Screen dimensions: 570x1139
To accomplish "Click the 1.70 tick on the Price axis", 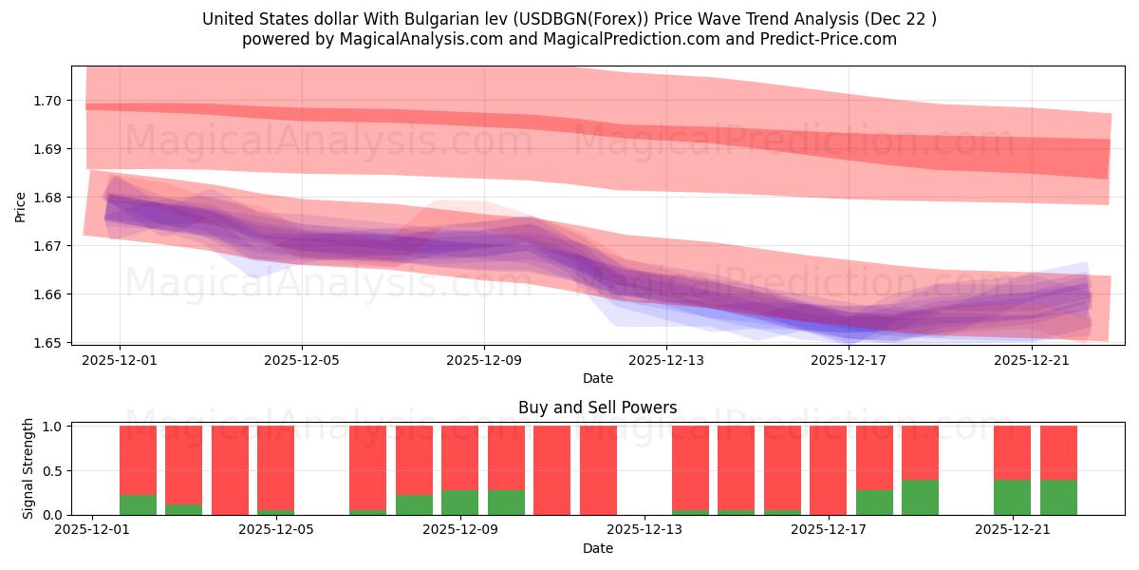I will point(47,101).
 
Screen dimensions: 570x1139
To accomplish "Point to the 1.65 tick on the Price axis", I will point(47,343).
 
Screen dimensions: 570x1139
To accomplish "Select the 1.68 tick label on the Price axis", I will point(47,198).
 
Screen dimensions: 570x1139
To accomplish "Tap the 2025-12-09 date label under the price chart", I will point(484,360).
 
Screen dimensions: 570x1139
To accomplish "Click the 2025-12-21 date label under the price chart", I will point(1032,360).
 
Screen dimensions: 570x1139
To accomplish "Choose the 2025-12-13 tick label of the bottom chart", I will point(644,530).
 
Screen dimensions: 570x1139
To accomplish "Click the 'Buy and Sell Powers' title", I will point(597,408).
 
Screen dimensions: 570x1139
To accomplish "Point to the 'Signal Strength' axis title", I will point(28,468).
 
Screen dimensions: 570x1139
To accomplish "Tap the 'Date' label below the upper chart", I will point(597,378).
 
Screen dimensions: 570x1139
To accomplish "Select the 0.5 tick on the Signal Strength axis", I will point(52,471).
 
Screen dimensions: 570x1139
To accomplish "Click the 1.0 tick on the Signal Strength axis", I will point(52,427).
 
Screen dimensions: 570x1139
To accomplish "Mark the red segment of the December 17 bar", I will point(828,469).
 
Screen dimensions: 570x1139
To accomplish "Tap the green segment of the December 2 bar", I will point(138,505).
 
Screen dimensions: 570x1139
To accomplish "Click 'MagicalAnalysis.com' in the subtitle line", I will point(406,39).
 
